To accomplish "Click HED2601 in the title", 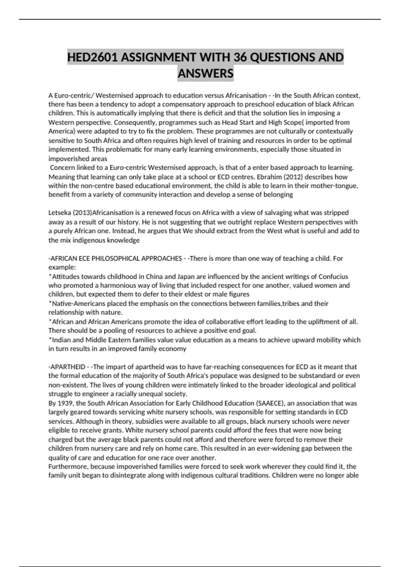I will click(92, 57).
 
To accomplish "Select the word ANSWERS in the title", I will click(205, 73).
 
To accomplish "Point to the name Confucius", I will click(333, 276).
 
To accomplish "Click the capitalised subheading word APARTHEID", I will click(68, 367).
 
